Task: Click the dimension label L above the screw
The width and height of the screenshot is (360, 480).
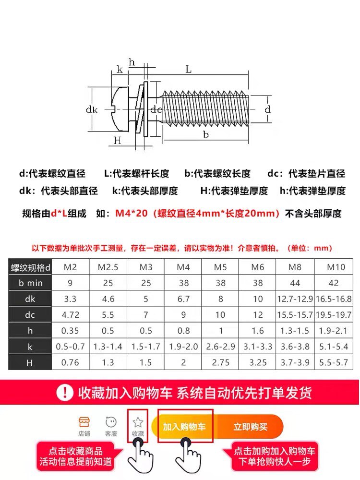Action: click(189, 70)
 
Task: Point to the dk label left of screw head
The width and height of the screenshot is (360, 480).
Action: click(92, 109)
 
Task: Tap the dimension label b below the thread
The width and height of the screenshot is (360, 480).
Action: click(206, 134)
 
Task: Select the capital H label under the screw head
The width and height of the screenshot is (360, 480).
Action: click(117, 140)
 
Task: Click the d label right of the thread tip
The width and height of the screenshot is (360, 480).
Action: click(268, 109)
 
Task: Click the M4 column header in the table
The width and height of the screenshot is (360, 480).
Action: click(183, 267)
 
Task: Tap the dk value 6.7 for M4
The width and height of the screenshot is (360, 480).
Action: click(183, 299)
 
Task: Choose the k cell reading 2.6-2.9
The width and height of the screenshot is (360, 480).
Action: click(220, 347)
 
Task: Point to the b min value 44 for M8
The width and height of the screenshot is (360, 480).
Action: click(295, 283)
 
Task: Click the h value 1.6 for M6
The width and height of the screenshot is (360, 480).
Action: click(258, 331)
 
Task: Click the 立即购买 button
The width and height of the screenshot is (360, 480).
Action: click(251, 426)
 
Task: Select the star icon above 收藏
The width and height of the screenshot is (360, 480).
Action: click(138, 422)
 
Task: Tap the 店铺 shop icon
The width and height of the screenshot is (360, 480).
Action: click(84, 422)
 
